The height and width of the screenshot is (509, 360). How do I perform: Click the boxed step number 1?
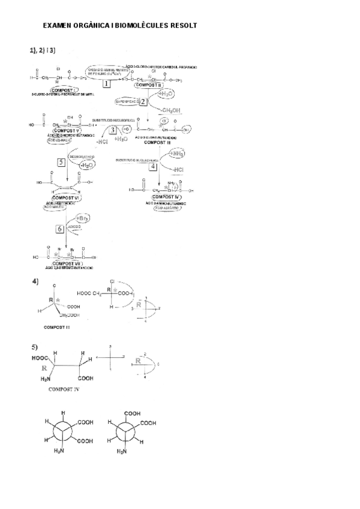[107, 84]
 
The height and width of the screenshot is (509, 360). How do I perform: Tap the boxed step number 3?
[112, 130]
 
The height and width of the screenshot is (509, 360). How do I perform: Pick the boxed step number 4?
[153, 167]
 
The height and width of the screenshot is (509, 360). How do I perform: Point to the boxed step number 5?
[61, 162]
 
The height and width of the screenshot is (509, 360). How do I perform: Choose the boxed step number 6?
[59, 229]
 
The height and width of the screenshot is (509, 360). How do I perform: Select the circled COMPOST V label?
[67, 129]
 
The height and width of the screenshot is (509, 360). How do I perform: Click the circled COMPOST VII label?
[66, 263]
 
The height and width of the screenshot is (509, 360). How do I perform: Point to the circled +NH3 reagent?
[177, 154]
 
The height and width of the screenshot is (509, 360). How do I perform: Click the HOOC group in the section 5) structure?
[40, 359]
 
